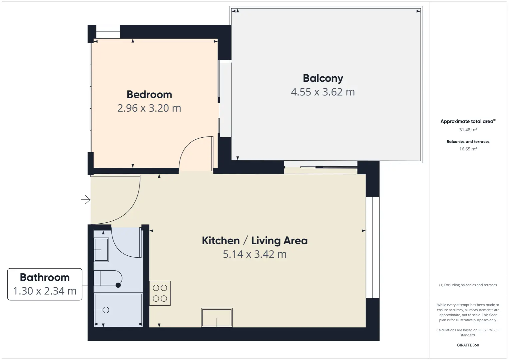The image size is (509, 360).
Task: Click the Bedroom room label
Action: tap(149, 94)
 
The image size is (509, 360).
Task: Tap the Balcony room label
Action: tap(323, 78)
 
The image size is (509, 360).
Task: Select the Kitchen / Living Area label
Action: tap(255, 241)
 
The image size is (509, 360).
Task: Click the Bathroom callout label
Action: tap(45, 277)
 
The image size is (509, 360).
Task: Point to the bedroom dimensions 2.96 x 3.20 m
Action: tap(149, 108)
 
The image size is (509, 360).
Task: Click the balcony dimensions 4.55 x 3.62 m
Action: tap(323, 92)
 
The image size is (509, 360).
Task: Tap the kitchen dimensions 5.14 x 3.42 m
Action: tap(255, 254)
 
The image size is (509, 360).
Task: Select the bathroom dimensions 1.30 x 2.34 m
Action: tap(45, 291)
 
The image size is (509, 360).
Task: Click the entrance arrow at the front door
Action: tap(86, 200)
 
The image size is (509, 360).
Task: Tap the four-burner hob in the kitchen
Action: tap(160, 293)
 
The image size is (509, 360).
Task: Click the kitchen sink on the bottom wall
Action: tap(217, 318)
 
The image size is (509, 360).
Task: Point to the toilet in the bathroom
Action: tap(108, 278)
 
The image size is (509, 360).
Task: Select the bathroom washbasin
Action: tap(101, 250)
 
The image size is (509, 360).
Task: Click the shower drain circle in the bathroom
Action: tap(106, 310)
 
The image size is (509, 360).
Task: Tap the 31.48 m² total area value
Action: tap(468, 130)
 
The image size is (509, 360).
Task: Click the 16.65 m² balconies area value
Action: tap(468, 149)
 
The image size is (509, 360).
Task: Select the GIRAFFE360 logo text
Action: tap(468, 345)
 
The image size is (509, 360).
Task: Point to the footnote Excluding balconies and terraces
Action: tap(468, 285)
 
